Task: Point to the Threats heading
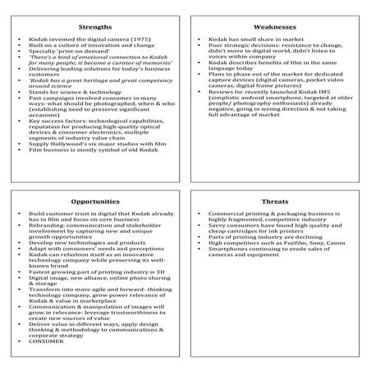(x=275, y=199)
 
